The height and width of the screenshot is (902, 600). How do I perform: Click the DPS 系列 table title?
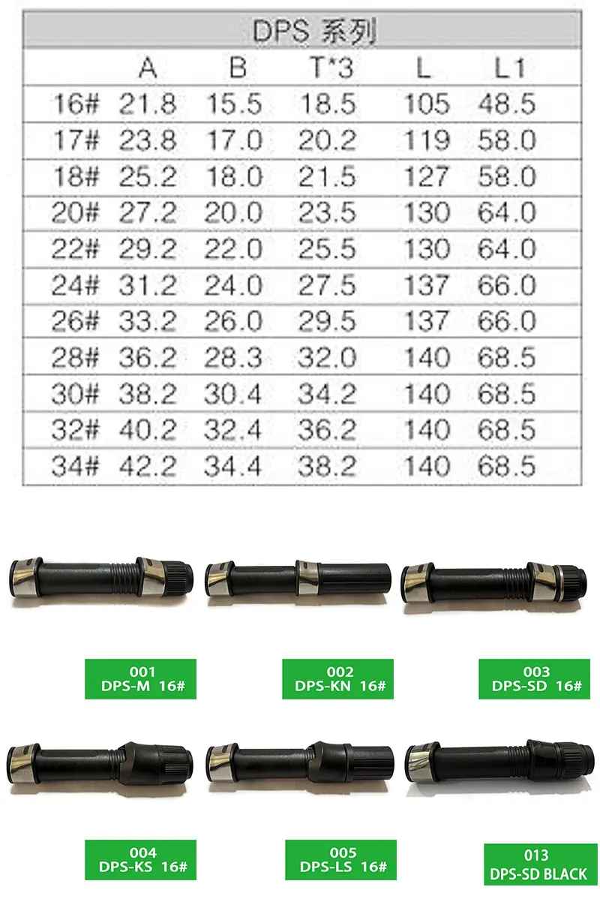click(315, 32)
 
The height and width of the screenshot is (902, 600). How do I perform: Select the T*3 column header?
click(331, 68)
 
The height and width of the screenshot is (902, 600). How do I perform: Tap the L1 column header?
click(509, 68)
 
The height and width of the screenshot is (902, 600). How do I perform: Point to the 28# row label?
click(75, 357)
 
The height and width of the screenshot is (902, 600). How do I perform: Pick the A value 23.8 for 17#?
click(148, 140)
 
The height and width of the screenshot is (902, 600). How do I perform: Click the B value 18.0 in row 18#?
click(235, 176)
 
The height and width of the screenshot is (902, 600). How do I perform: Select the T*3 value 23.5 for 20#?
click(327, 212)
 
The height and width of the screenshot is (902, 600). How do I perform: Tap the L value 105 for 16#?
click(427, 104)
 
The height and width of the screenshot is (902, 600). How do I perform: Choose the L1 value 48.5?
click(507, 104)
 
